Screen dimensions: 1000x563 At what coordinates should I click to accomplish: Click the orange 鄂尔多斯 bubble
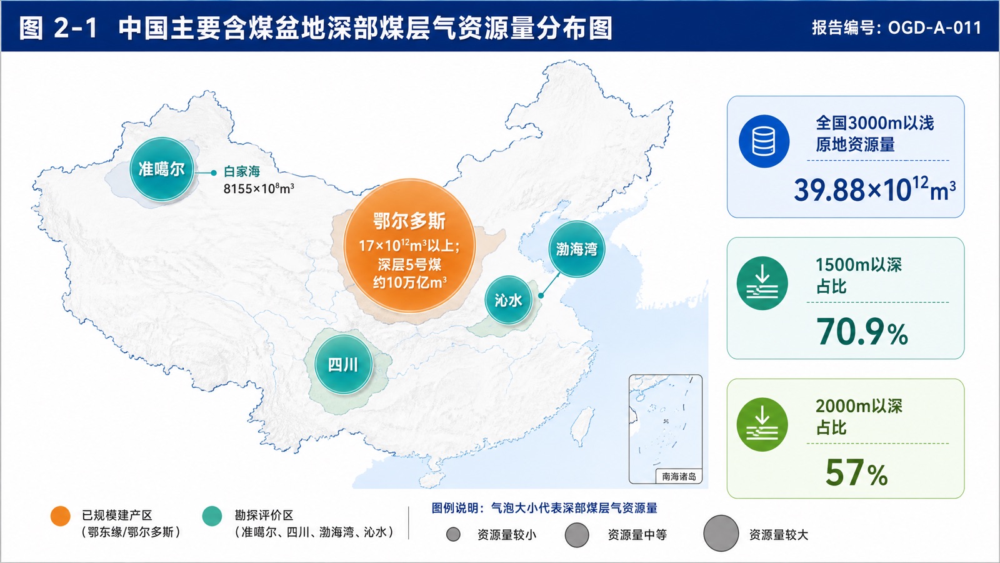click(409, 246)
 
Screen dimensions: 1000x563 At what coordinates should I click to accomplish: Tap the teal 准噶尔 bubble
click(162, 169)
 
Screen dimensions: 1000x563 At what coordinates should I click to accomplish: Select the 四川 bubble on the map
click(343, 365)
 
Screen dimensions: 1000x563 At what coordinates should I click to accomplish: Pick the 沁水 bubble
click(509, 300)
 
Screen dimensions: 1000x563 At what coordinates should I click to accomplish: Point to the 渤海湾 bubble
click(576, 249)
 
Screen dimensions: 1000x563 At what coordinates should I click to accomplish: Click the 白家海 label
click(241, 171)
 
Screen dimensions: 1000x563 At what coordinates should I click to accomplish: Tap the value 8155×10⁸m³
click(259, 188)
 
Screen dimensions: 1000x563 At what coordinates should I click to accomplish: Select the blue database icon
click(764, 141)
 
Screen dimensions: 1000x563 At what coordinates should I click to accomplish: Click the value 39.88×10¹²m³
click(875, 190)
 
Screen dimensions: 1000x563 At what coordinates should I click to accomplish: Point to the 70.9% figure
click(862, 332)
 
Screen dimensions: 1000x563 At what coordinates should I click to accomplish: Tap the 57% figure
click(856, 473)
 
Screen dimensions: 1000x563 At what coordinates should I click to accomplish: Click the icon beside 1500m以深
click(762, 283)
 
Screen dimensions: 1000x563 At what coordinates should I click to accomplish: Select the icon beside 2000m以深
click(762, 425)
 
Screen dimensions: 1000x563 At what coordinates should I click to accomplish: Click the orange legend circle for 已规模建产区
click(60, 516)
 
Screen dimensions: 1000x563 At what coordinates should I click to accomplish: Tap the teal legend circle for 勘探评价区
click(212, 516)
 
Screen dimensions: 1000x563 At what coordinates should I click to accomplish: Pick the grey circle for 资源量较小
click(453, 534)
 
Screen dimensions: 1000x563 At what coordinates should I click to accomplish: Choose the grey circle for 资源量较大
click(721, 533)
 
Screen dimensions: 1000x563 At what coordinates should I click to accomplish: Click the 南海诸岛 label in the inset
click(679, 476)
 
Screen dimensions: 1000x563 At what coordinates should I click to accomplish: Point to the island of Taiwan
click(584, 425)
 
